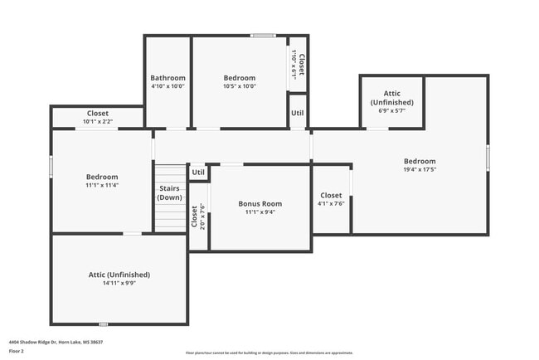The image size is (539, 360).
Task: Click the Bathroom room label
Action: (x=168, y=78)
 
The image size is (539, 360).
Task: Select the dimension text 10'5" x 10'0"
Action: (x=240, y=86)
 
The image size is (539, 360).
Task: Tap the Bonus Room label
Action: (x=260, y=203)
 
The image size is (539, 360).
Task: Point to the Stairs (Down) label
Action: (x=170, y=193)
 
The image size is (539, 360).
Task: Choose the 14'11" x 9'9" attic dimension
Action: (x=119, y=282)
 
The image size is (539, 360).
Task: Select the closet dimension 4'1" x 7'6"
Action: (x=330, y=203)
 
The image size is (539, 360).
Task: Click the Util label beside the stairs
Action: (x=197, y=173)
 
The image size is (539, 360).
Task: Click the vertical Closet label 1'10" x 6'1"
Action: (x=298, y=64)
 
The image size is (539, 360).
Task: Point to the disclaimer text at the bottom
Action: (x=269, y=353)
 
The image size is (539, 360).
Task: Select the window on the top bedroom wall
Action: (x=263, y=36)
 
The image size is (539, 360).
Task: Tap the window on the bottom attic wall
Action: (x=103, y=324)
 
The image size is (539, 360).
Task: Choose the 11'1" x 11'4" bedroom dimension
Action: (x=102, y=185)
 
